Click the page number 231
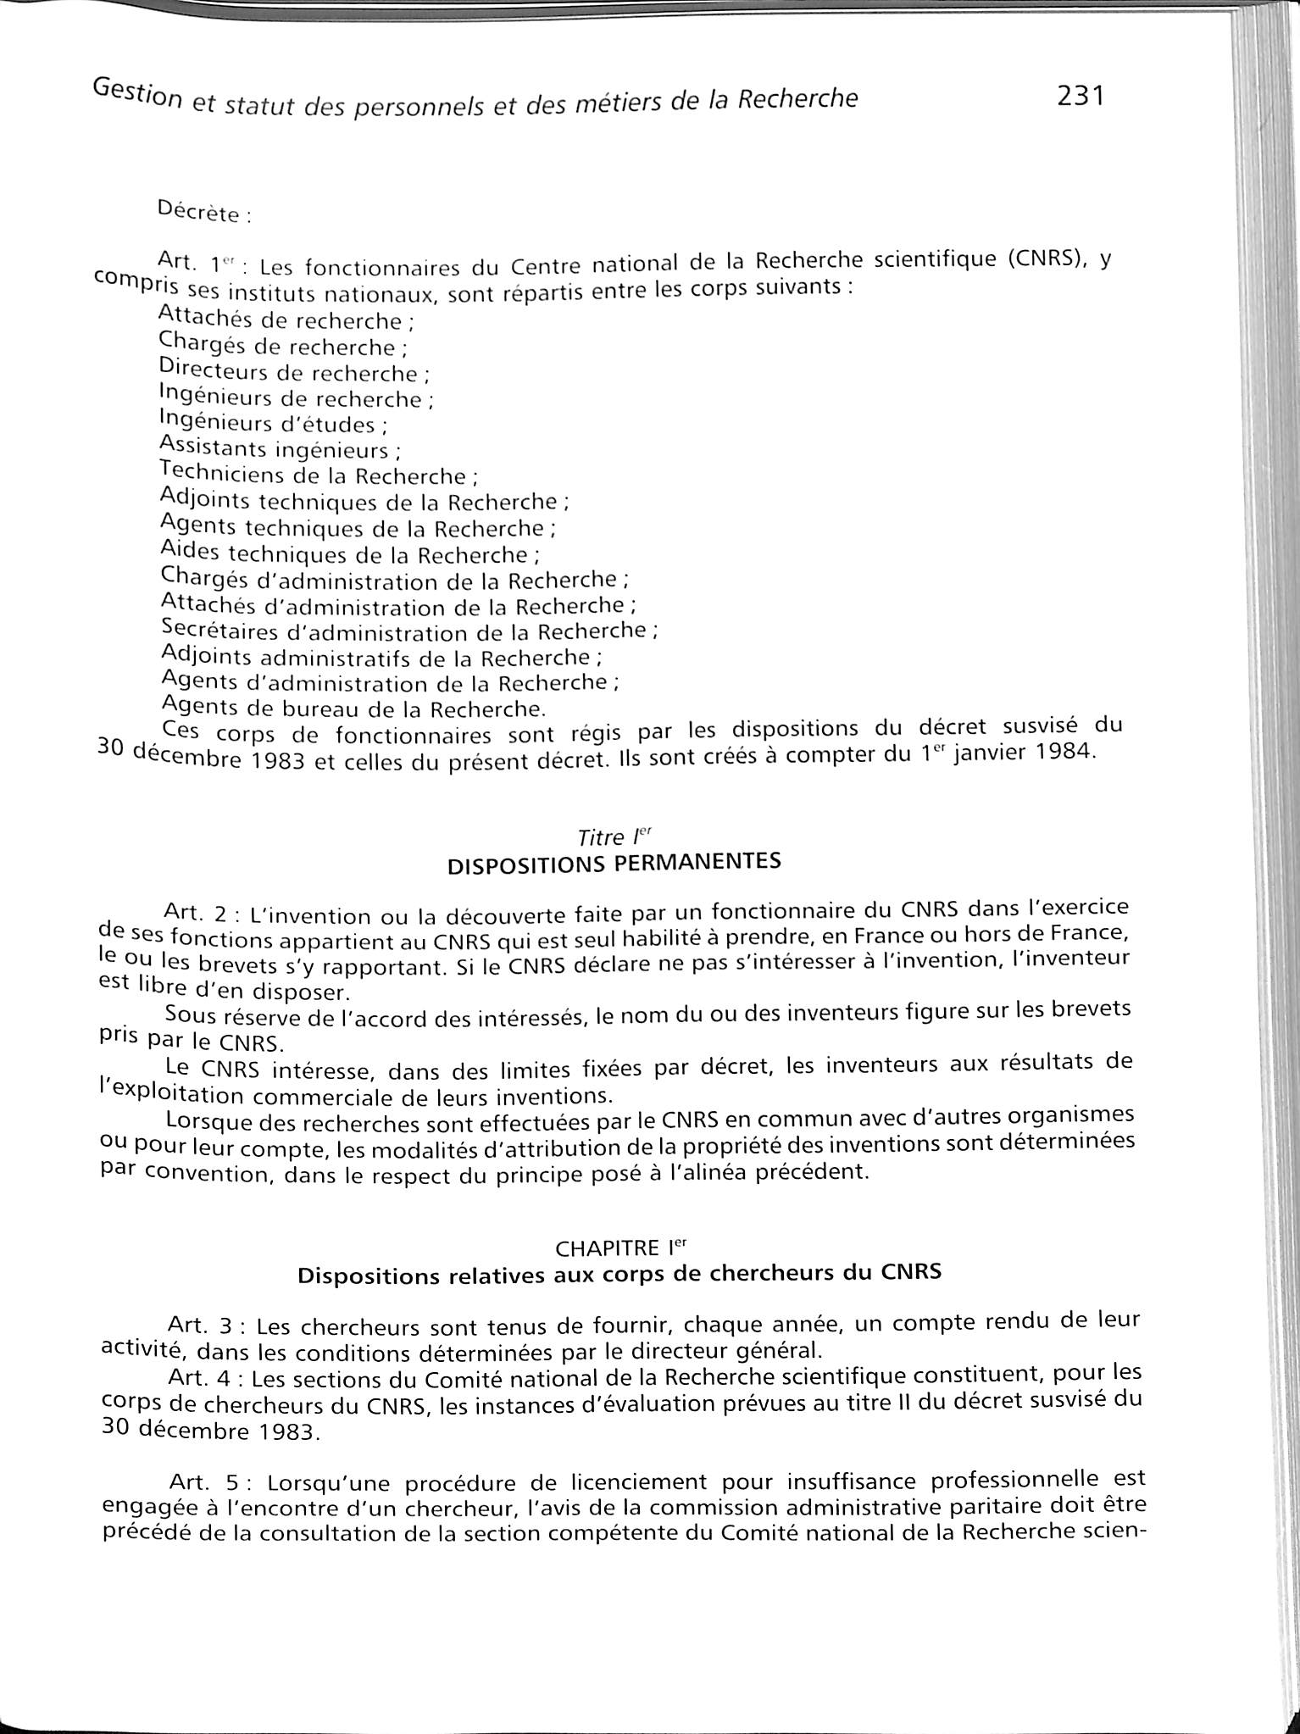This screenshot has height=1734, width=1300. pyautogui.click(x=1080, y=96)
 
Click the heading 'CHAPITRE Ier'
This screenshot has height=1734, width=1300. pyautogui.click(x=619, y=1248)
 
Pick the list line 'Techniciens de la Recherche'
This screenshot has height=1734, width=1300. pyautogui.click(x=313, y=475)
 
